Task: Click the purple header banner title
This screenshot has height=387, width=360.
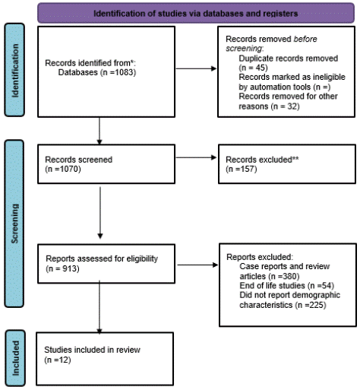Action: [x=196, y=14]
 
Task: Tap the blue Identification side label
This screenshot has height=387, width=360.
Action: [x=14, y=70]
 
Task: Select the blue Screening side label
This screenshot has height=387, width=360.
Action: [x=14, y=224]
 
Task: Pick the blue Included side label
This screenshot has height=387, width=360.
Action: [x=15, y=358]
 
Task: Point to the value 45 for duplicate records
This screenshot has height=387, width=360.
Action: [x=260, y=68]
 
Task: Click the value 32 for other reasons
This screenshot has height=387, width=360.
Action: [x=292, y=106]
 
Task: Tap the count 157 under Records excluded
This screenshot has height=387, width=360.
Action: [x=248, y=169]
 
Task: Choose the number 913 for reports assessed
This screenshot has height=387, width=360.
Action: [x=70, y=268]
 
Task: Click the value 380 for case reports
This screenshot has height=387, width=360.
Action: [x=290, y=276]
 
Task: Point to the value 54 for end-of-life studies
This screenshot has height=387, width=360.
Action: [x=327, y=286]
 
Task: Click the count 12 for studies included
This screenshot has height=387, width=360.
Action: [x=64, y=360]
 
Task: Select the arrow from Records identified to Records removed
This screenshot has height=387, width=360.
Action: [x=196, y=68]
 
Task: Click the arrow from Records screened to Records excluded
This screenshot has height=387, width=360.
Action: [x=196, y=157]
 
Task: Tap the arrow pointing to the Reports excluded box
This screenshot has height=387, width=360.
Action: [x=197, y=265]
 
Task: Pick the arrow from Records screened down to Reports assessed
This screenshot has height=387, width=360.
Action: [x=100, y=213]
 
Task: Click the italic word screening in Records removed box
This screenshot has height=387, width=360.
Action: [x=244, y=49]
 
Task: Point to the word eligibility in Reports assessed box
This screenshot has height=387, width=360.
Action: [x=142, y=259]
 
